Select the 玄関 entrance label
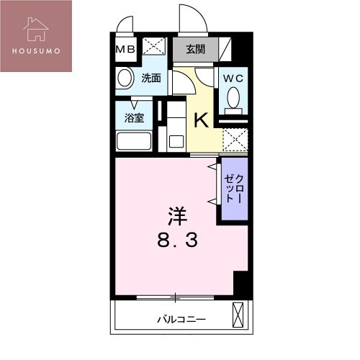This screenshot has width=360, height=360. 195,50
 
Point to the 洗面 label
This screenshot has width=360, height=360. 150,78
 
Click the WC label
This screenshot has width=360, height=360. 232,78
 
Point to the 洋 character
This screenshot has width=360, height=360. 179,215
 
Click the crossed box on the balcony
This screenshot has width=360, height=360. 238,314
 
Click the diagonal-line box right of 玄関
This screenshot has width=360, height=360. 226,50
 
